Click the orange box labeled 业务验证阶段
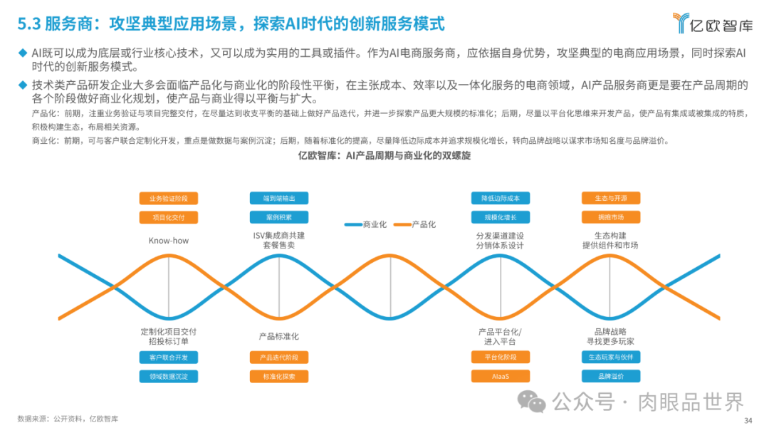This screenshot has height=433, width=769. (x=169, y=199)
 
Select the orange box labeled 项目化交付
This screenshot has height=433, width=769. (x=169, y=217)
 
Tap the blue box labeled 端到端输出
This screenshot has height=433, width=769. (x=279, y=199)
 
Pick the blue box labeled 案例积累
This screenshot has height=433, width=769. (x=279, y=217)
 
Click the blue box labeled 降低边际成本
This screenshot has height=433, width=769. (x=501, y=199)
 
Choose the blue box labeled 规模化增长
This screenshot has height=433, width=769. (x=501, y=217)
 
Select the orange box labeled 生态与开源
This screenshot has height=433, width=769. (x=611, y=199)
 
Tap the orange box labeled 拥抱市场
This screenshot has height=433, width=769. (x=611, y=217)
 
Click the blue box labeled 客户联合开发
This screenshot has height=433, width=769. (x=169, y=357)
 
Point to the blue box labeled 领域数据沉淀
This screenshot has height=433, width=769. (x=169, y=376)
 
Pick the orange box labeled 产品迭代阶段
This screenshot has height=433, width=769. (x=279, y=357)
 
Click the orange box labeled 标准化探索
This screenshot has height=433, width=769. (x=279, y=376)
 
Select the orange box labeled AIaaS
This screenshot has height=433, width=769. (x=501, y=376)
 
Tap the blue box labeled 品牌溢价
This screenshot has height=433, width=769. (x=611, y=376)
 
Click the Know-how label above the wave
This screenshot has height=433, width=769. (x=169, y=241)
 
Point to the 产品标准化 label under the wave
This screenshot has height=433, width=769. (x=279, y=336)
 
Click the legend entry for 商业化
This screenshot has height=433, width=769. (x=366, y=224)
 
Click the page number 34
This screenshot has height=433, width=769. (x=748, y=420)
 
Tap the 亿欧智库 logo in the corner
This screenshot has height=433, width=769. (x=713, y=24)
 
